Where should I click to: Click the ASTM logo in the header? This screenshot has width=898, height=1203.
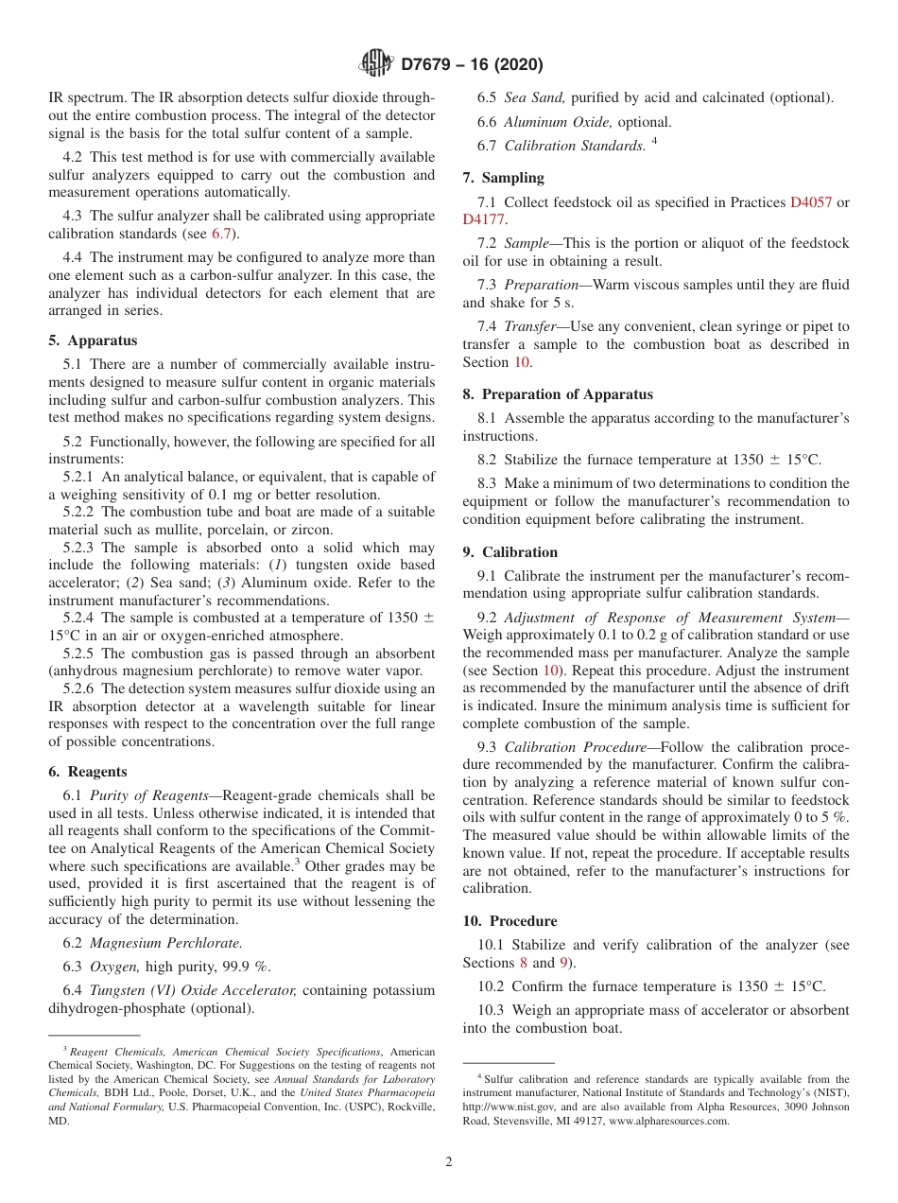pyautogui.click(x=377, y=64)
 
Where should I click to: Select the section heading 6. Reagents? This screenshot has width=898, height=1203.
pyautogui.click(x=87, y=772)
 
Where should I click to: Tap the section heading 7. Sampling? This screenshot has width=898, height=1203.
pyautogui.click(x=503, y=178)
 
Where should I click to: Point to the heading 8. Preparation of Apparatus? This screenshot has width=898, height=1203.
pyautogui.click(x=558, y=394)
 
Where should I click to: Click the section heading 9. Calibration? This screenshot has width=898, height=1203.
pyautogui.click(x=510, y=552)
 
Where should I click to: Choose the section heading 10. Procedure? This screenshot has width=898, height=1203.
pyautogui.click(x=509, y=921)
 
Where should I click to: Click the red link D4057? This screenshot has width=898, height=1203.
pyautogui.click(x=810, y=202)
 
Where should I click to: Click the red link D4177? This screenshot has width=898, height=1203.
pyautogui.click(x=484, y=219)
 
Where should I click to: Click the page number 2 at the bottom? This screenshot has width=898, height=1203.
pyautogui.click(x=449, y=1162)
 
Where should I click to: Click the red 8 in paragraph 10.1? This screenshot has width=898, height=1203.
pyautogui.click(x=523, y=963)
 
